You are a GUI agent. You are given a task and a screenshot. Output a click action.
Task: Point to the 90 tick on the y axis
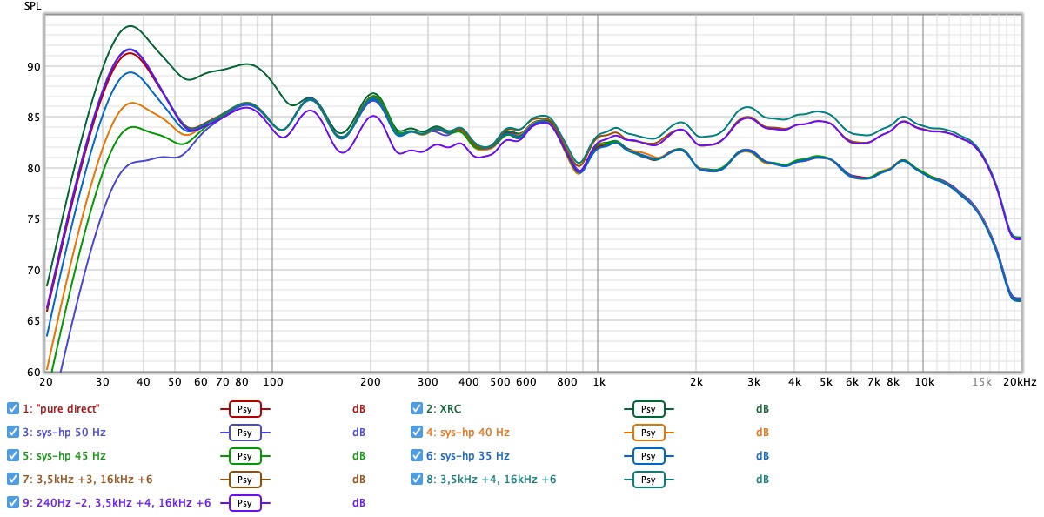[33, 66]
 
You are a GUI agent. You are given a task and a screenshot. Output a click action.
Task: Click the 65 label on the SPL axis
[33, 321]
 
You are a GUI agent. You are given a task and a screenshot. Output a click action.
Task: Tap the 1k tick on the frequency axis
[599, 382]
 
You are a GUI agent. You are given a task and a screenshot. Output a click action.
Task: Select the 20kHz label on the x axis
[1020, 382]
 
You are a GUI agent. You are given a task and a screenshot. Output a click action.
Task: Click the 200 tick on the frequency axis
[371, 382]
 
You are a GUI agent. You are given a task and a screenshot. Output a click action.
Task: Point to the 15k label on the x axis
[980, 382]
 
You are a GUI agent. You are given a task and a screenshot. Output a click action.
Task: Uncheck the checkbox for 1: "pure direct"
[13, 408]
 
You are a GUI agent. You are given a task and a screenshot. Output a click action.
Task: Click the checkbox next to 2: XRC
[418, 408]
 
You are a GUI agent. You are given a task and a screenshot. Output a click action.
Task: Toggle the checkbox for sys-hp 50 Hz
[13, 432]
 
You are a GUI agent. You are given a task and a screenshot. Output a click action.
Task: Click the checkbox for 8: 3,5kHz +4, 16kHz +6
[418, 479]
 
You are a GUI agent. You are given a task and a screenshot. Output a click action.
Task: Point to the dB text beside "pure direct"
[358, 408]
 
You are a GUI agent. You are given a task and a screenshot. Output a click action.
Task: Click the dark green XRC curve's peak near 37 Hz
[130, 26]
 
